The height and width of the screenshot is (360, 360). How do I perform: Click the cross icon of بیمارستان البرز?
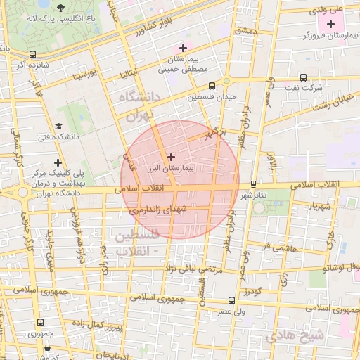point(172,156)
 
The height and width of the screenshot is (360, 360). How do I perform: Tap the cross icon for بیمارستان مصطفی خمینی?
point(183,48)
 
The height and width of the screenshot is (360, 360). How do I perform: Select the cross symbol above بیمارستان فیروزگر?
point(332,25)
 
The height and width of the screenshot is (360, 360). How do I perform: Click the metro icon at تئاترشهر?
point(253,184)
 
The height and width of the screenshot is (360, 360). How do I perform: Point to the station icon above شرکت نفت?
point(303,78)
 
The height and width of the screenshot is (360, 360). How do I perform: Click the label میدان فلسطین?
point(213,97)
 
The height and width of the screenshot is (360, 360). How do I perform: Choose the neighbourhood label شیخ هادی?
point(297,335)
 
